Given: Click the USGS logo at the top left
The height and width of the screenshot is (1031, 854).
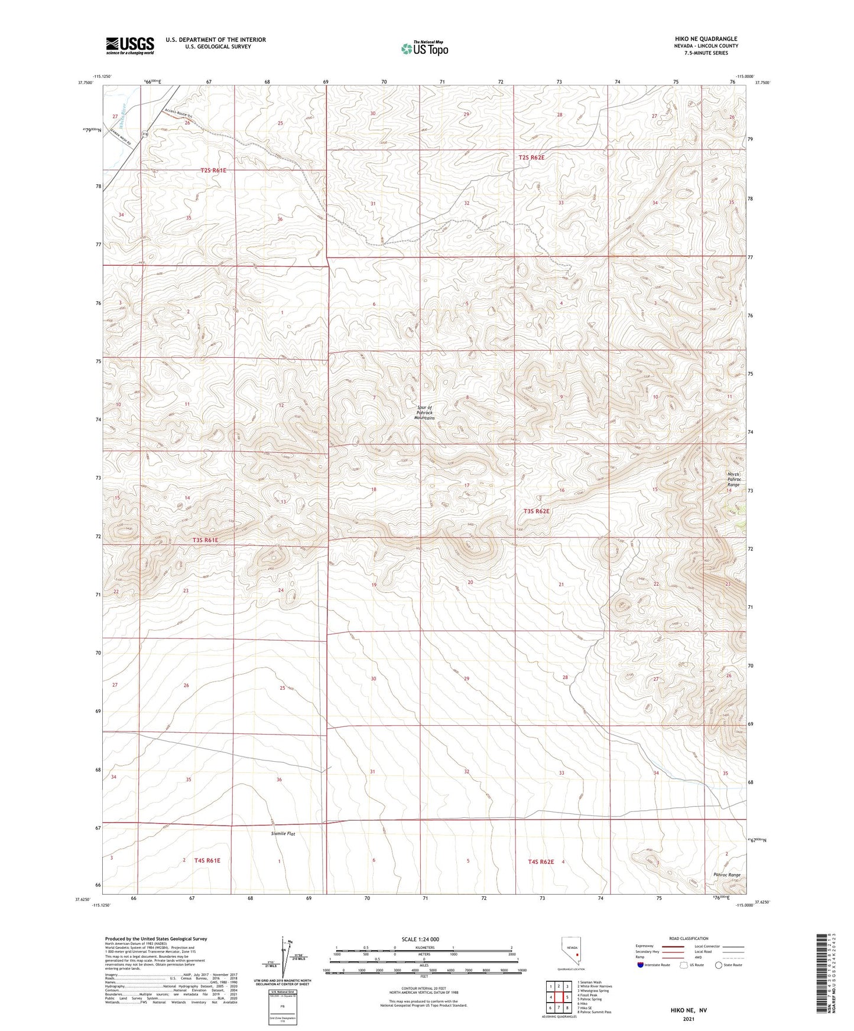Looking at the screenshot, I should [x=129, y=45].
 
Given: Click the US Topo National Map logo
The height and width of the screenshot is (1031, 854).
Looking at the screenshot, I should [x=424, y=48].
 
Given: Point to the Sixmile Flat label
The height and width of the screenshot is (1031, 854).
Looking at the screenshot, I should [x=283, y=834].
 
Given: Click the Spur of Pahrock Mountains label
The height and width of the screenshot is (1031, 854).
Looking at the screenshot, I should [x=424, y=413].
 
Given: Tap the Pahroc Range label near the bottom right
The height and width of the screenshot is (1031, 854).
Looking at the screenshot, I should [x=726, y=875].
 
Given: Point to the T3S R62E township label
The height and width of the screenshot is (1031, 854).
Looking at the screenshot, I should [x=537, y=511].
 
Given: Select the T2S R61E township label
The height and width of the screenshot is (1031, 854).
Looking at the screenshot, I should [x=213, y=170].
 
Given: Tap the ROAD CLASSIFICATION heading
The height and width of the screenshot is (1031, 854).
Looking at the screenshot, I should [x=688, y=938].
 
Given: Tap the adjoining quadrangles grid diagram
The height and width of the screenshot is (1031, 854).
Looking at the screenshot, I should [x=558, y=997].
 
